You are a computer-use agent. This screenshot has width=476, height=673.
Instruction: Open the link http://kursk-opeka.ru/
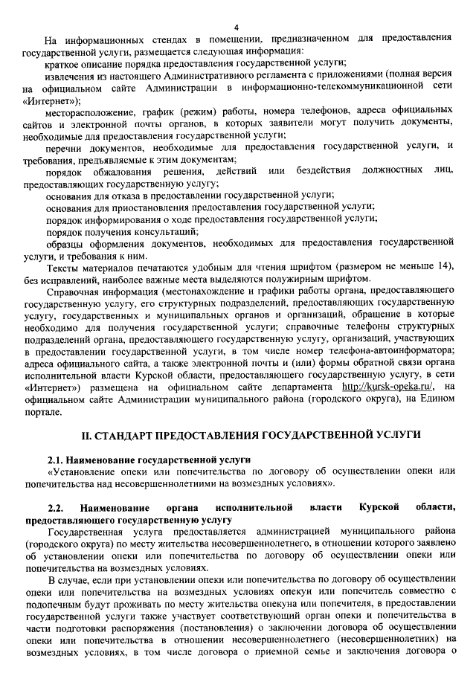tap(386, 387)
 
